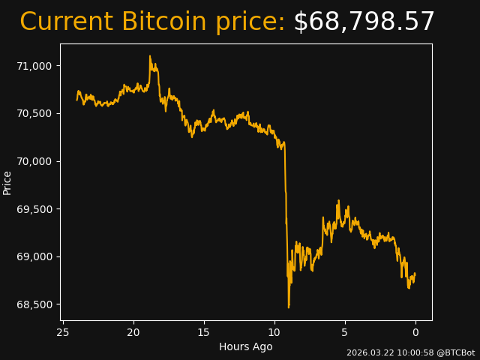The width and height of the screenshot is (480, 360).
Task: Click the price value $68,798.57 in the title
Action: (x=364, y=22)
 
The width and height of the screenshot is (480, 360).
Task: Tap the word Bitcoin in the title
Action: (x=164, y=22)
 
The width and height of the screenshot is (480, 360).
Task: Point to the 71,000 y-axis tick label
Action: (x=34, y=66)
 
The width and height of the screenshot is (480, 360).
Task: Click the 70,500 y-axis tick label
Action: (x=34, y=113)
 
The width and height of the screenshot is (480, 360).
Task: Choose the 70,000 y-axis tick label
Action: (x=34, y=161)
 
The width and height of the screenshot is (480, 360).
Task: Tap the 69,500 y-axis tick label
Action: (x=34, y=208)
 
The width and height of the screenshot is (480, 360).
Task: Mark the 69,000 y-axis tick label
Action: (x=34, y=256)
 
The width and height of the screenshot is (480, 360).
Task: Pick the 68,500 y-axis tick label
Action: (x=34, y=304)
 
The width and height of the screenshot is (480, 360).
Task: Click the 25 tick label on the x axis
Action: (x=63, y=332)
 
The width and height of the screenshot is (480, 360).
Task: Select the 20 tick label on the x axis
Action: (x=133, y=332)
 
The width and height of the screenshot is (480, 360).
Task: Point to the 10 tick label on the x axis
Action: (x=274, y=332)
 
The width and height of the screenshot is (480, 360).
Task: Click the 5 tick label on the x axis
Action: (x=345, y=332)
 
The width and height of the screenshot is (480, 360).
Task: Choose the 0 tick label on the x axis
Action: (x=415, y=332)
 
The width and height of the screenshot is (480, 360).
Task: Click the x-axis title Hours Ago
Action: (x=245, y=346)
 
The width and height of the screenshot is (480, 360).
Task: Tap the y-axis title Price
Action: (x=7, y=182)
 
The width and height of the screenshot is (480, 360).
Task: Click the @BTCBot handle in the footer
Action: (x=455, y=352)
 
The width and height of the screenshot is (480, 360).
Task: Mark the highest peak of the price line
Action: (x=150, y=55)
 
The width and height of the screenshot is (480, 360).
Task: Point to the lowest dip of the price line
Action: (x=288, y=307)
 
